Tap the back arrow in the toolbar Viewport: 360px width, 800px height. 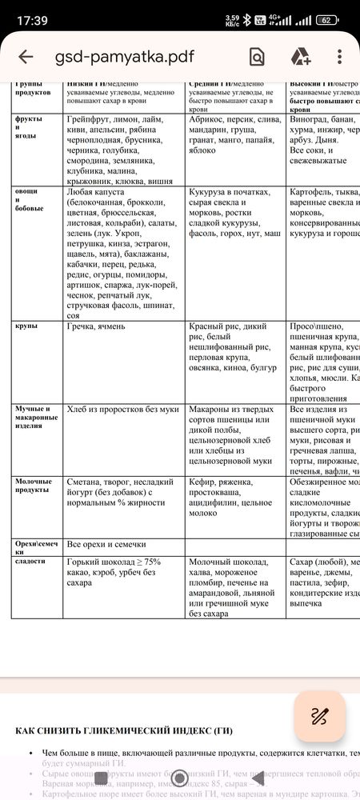[26, 57]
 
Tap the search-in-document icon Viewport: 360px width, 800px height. [257, 57]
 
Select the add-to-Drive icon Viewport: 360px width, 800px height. [300, 57]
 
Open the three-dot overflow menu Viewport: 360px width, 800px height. [340, 57]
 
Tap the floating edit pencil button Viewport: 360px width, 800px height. [319, 715]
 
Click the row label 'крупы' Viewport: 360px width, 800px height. [26, 327]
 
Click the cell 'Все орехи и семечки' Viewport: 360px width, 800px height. [114, 545]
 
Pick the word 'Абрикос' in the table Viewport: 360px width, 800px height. [210, 118]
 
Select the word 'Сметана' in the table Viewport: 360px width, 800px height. [88, 482]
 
